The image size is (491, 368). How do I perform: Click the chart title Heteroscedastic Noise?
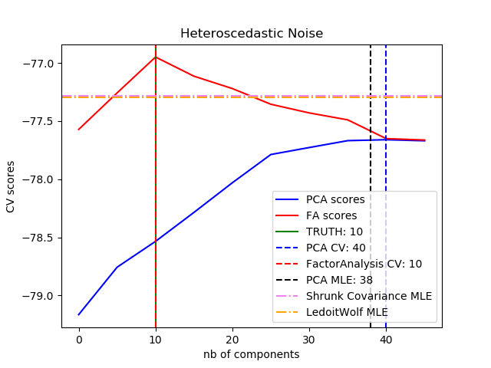252,34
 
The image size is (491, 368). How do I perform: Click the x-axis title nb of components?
252,355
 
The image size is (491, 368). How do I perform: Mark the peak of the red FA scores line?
156,57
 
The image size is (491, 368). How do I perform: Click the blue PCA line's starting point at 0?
79,314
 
